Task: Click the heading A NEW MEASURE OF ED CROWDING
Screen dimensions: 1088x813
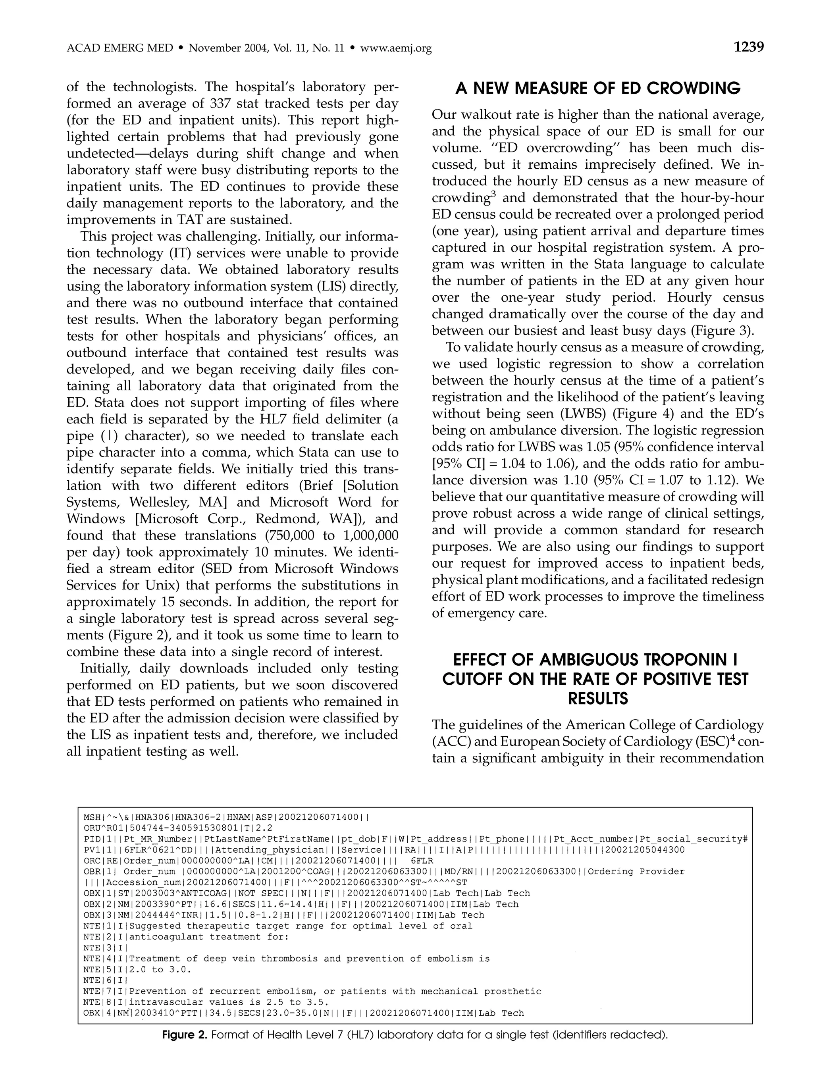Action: tap(597, 89)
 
